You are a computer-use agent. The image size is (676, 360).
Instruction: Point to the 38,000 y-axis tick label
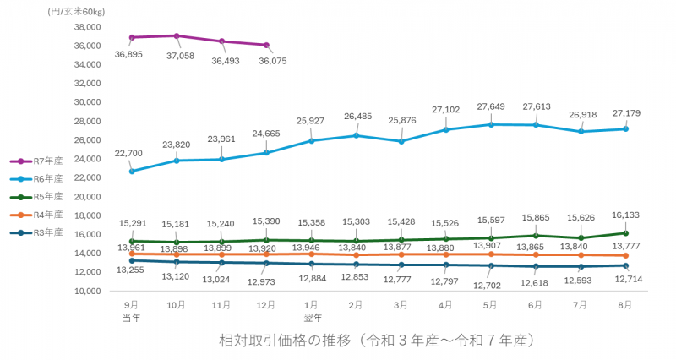[x=84, y=27]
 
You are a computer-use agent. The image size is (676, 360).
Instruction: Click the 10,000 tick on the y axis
[x=84, y=292]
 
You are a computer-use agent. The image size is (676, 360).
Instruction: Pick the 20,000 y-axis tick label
[x=84, y=197]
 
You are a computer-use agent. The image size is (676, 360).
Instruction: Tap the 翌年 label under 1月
[x=312, y=317]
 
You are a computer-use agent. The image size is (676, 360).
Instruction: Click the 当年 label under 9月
[x=131, y=317]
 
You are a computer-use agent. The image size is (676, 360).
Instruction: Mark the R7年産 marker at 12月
[x=266, y=45]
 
